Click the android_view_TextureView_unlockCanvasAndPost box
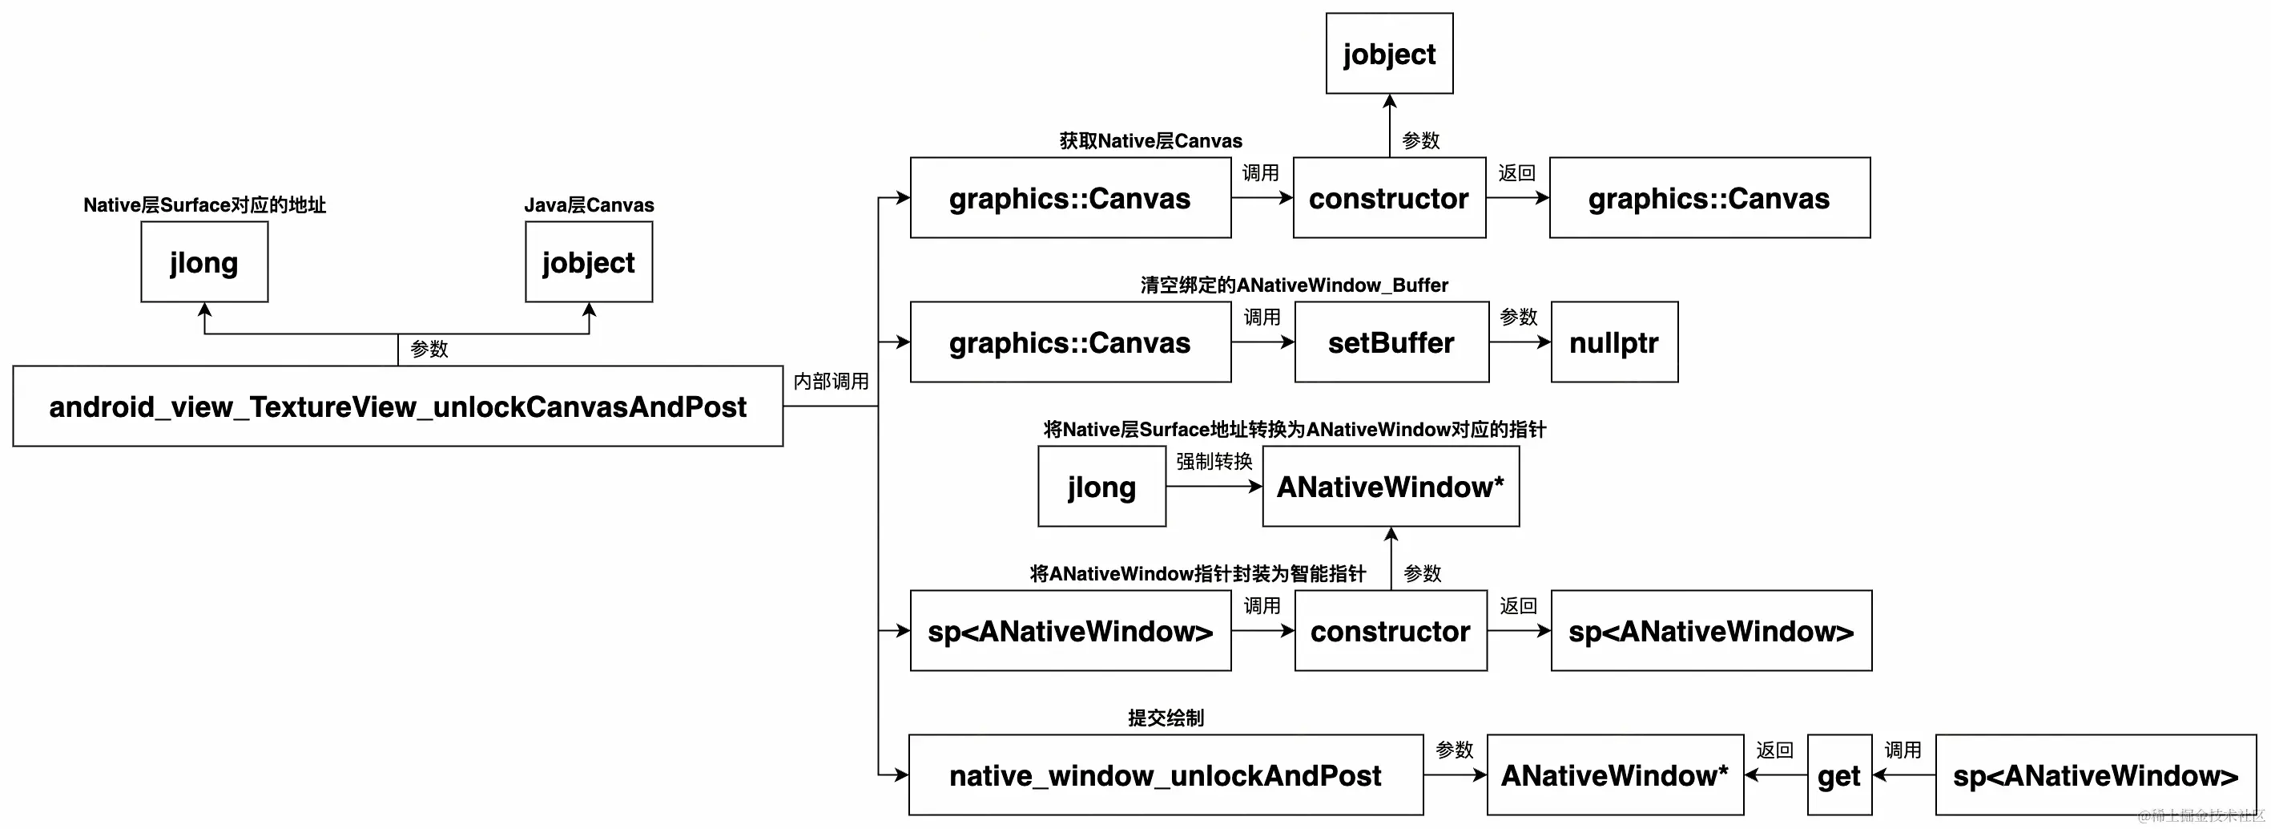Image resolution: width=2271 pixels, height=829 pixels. click(x=397, y=406)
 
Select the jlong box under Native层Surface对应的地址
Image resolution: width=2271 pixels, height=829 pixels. click(x=204, y=262)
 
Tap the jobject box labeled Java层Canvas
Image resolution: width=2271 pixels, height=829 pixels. click(x=589, y=262)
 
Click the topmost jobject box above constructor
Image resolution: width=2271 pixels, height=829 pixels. click(x=1389, y=54)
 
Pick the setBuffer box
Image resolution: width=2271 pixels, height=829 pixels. click(x=1391, y=342)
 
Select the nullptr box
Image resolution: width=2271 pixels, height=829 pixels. click(x=1614, y=342)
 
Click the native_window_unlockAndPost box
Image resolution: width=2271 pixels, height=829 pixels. click(x=1166, y=775)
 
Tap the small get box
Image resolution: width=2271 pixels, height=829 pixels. click(x=1839, y=775)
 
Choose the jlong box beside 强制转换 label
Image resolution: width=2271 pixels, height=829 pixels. click(x=1102, y=487)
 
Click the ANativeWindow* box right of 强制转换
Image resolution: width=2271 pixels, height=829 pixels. click(x=1391, y=487)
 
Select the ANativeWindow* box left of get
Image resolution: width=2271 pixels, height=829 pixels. click(x=1614, y=775)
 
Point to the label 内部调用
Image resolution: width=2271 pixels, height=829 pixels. click(x=831, y=381)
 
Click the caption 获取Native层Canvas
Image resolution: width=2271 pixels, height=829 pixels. click(x=1150, y=141)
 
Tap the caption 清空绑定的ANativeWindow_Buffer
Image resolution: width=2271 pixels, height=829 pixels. click(x=1293, y=285)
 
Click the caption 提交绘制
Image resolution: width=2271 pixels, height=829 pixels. click(x=1166, y=718)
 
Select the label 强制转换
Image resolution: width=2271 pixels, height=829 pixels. click(x=1214, y=461)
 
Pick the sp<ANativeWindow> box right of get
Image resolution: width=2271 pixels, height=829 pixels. click(x=2096, y=775)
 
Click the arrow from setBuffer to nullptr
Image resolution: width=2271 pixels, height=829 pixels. click(x=1519, y=342)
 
